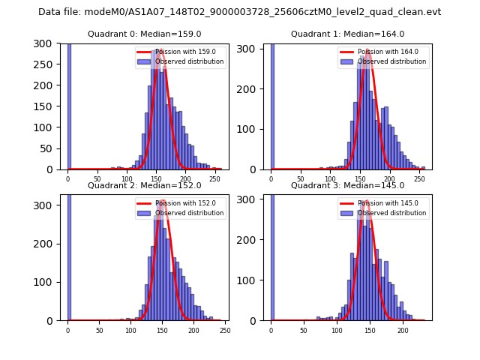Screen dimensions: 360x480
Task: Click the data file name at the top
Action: point(239,12)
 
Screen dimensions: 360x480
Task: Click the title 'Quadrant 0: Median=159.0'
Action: point(144,34)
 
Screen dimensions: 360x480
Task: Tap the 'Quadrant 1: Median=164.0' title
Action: point(347,34)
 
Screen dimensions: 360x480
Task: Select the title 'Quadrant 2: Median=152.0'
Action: point(144,185)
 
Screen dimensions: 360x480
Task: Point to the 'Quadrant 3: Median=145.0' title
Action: point(347,185)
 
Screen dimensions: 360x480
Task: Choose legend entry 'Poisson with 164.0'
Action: point(382,52)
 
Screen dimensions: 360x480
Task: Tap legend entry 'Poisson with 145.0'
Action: point(382,203)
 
